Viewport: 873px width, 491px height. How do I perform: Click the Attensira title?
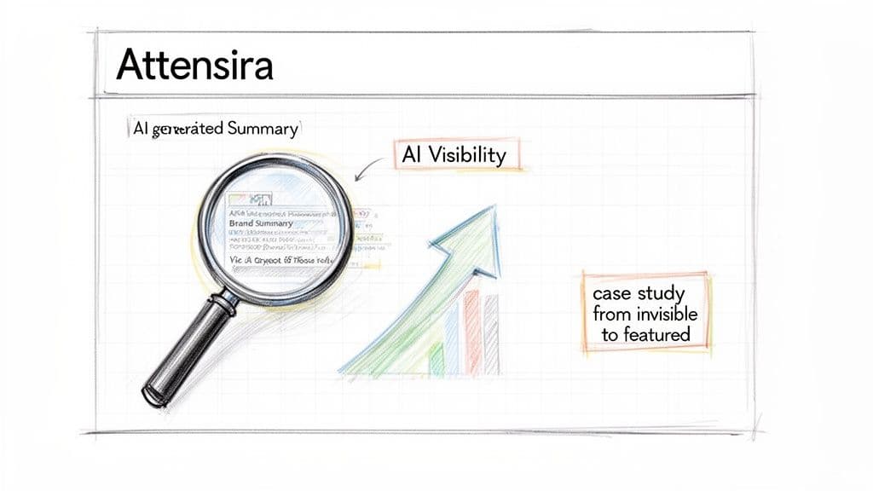coord(194,65)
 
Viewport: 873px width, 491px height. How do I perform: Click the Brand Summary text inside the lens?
coord(261,222)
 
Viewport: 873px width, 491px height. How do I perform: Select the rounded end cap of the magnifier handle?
coord(154,394)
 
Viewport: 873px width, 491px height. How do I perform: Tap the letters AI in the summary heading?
coord(141,130)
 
